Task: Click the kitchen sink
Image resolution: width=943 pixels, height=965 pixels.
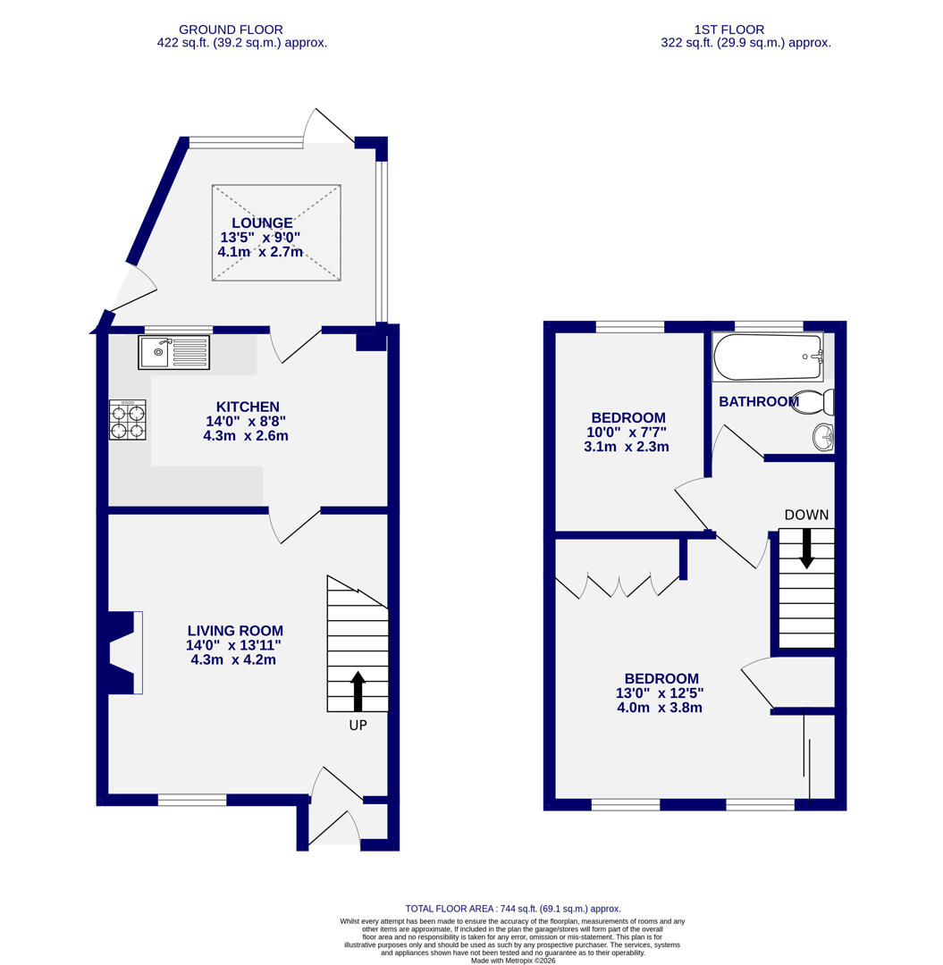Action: [173, 352]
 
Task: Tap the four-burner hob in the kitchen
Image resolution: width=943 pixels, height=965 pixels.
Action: [127, 420]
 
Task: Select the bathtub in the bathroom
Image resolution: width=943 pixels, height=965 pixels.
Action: [767, 357]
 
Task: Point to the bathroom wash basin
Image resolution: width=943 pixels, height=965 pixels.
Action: [823, 437]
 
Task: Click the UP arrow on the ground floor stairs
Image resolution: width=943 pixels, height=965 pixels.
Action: [358, 691]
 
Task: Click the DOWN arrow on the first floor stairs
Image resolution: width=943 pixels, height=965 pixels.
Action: [806, 547]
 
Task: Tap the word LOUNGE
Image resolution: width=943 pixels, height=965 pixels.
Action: [262, 222]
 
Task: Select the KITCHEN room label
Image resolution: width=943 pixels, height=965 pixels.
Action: [248, 407]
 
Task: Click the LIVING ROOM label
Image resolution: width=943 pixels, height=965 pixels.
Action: [234, 630]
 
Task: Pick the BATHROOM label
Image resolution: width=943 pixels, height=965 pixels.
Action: [758, 402]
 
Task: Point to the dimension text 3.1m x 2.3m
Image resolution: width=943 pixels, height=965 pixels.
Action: [626, 447]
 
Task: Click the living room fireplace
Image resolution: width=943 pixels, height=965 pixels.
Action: [123, 652]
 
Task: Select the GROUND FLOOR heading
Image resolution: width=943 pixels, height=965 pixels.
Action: [231, 29]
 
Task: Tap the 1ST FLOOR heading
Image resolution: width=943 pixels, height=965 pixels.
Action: [729, 29]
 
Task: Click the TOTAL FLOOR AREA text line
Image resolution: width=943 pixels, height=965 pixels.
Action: [513, 908]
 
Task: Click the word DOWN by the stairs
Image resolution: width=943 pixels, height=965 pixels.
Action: [806, 515]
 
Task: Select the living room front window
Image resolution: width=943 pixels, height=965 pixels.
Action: [192, 800]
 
